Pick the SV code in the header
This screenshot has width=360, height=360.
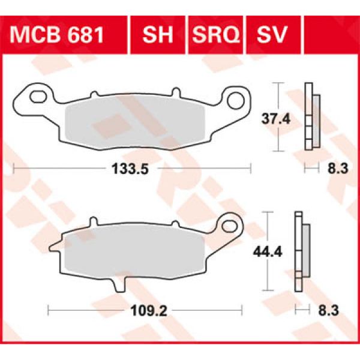[x=271, y=35]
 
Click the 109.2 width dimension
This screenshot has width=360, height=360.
[x=143, y=310]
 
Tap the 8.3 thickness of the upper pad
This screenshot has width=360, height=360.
[x=338, y=170]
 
